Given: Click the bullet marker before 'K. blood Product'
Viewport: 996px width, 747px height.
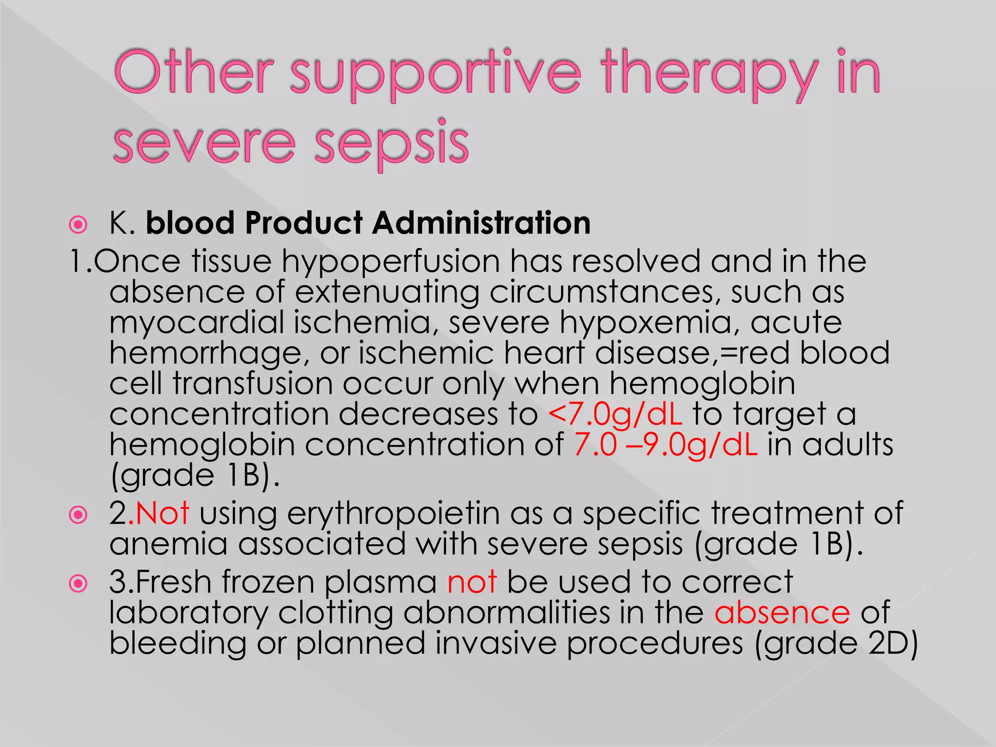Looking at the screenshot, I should point(78,225).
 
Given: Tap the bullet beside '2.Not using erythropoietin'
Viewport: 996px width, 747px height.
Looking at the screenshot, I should point(78,515).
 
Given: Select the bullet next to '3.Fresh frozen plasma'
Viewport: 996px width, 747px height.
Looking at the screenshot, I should point(78,584).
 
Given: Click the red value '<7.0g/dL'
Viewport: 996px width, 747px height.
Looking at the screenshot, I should point(615,414).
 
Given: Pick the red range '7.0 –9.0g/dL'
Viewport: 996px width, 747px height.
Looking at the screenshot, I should point(665,445).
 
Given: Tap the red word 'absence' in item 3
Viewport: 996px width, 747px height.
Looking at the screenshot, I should point(782,612).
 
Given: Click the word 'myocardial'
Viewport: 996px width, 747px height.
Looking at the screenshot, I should point(196,323).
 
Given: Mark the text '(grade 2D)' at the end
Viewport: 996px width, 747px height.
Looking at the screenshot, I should point(836,643).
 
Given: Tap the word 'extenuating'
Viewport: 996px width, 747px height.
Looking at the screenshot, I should point(387,292).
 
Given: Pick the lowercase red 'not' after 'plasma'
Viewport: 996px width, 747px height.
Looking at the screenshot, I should point(472,582).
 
